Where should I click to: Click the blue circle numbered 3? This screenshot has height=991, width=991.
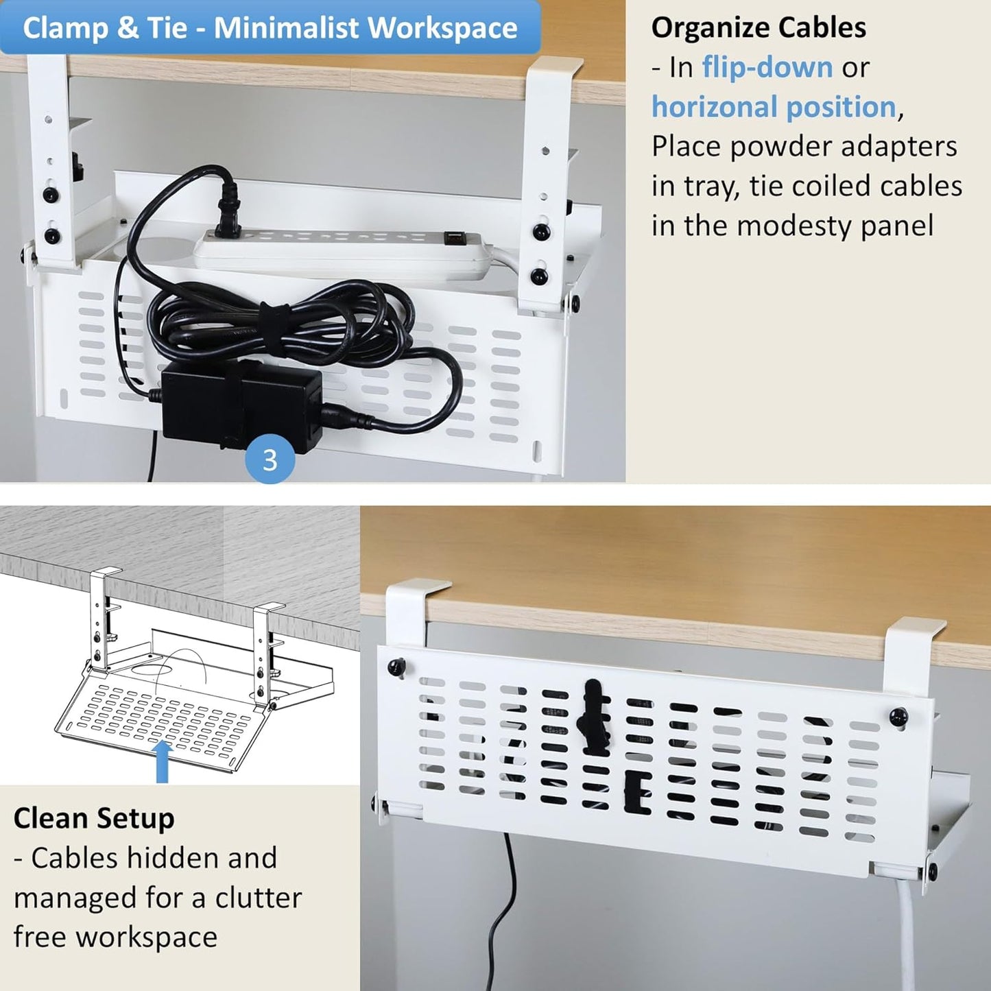270,459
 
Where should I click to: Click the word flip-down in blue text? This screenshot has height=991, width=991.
767,67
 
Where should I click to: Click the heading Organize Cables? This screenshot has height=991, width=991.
758,28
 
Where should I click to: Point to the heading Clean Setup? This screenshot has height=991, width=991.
94,818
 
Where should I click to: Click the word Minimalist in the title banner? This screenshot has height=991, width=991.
286,28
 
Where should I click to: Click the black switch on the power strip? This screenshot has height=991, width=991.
453,237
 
